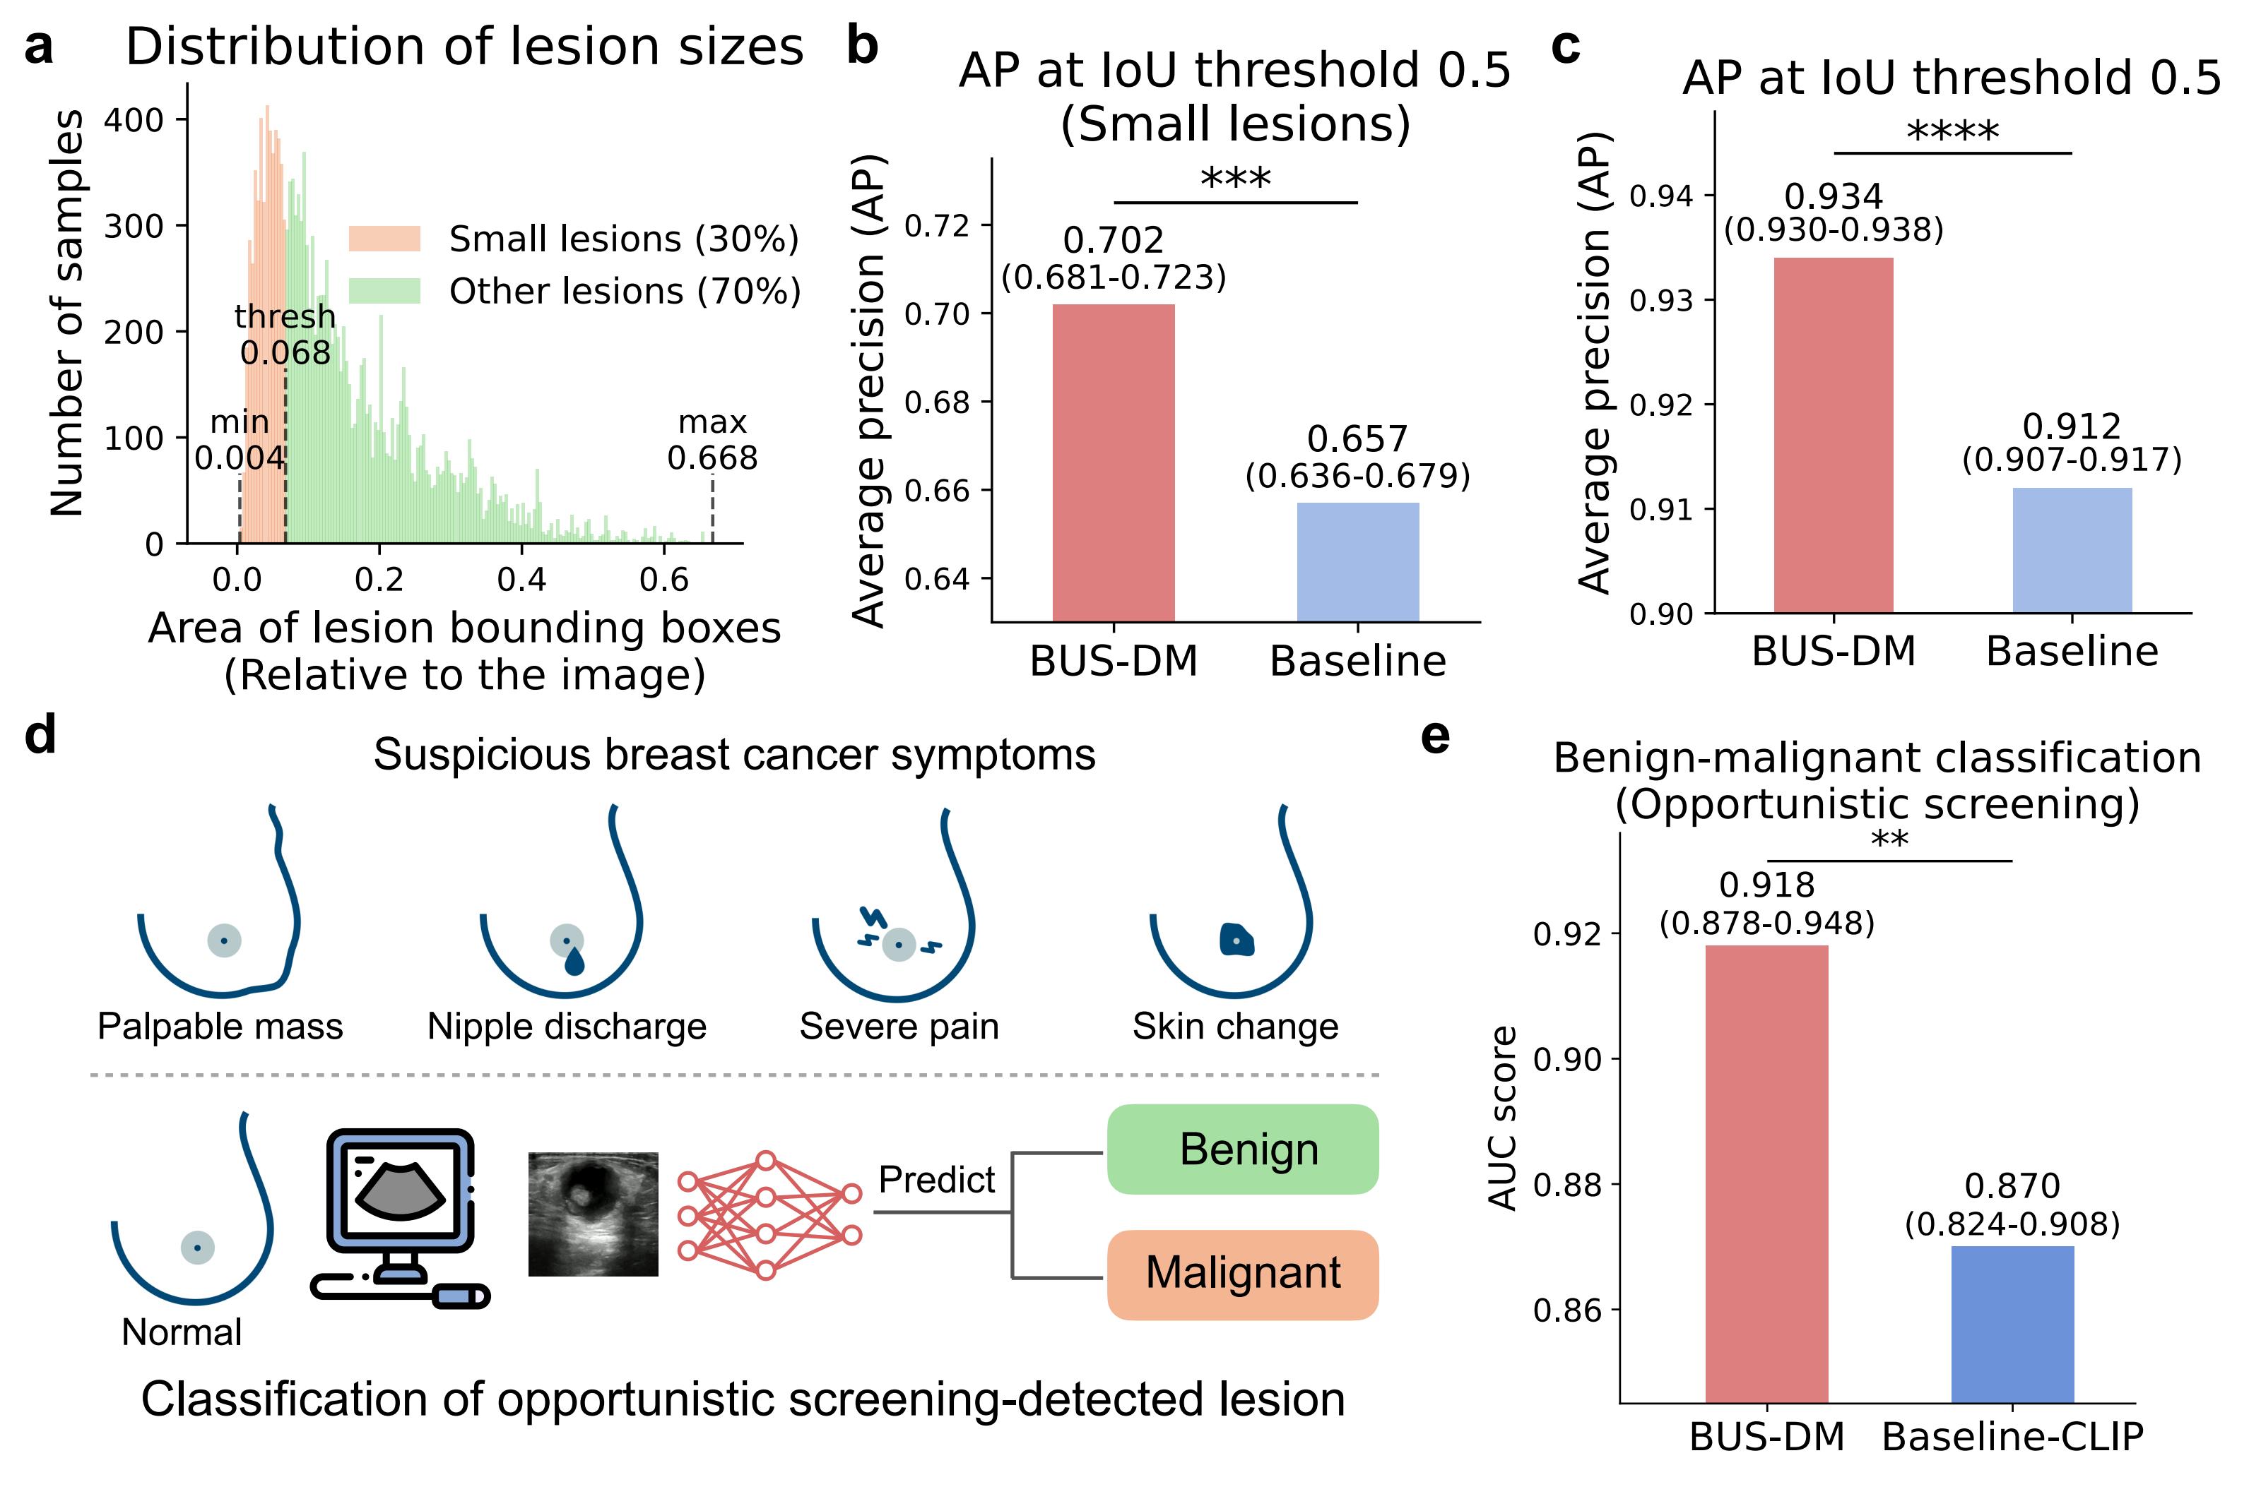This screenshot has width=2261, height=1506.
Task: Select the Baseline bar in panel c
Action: pyautogui.click(x=2072, y=549)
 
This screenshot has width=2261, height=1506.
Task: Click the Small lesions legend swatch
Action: pyautogui.click(x=384, y=238)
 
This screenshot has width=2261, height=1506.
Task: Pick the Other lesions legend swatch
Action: pyautogui.click(x=384, y=291)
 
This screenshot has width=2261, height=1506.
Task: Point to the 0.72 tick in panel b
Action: pyautogui.click(x=937, y=226)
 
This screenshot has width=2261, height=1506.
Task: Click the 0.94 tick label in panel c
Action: pyautogui.click(x=1660, y=196)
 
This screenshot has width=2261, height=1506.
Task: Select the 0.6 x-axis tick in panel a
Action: pyautogui.click(x=664, y=579)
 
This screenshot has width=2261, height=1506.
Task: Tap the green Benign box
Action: pyautogui.click(x=1242, y=1149)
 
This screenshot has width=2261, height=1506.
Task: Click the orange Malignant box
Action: pyautogui.click(x=1242, y=1274)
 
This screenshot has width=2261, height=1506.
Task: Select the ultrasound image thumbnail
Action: pyautogui.click(x=593, y=1214)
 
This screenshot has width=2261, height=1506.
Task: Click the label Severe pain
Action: pyautogui.click(x=899, y=1027)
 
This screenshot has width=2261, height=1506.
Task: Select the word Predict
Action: pyautogui.click(x=936, y=1179)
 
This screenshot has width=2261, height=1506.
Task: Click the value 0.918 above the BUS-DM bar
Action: pyautogui.click(x=1766, y=885)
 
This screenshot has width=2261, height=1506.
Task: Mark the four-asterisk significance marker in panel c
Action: pyautogui.click(x=1952, y=131)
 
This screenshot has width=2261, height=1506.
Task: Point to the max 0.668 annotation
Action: pyautogui.click(x=712, y=440)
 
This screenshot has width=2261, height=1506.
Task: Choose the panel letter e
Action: pyautogui.click(x=1434, y=736)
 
